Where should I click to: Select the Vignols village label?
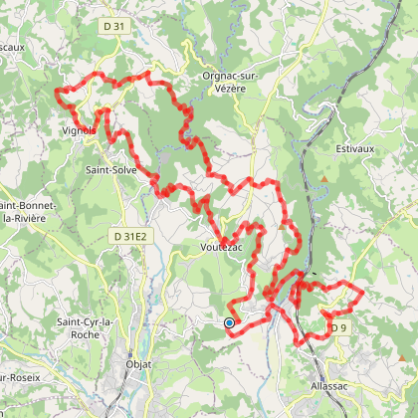point(79,128)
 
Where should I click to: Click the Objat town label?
point(137,365)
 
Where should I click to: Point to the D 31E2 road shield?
point(128,236)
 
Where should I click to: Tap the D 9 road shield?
point(339,327)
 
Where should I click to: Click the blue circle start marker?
point(229,322)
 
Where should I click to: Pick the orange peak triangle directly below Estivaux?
point(324,181)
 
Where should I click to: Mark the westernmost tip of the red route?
point(57,95)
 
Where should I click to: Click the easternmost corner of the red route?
point(362,295)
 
